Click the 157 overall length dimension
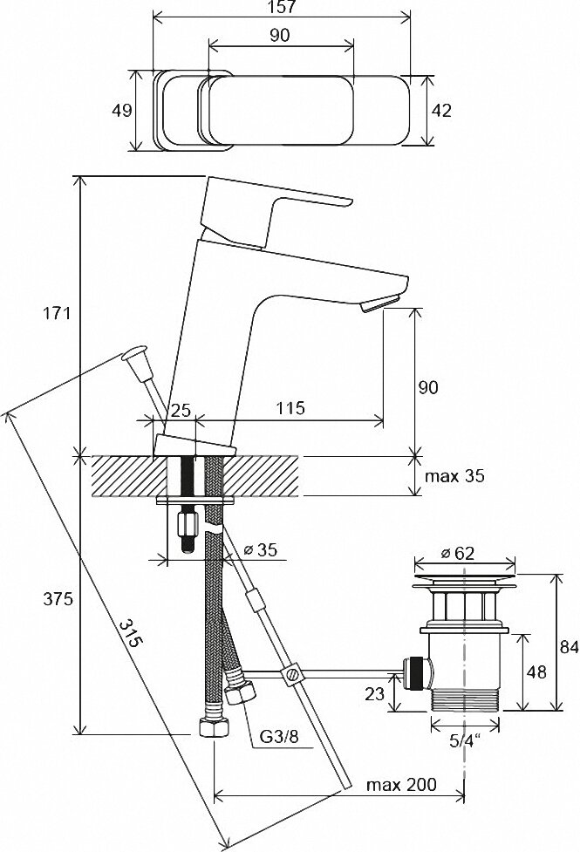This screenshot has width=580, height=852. pyautogui.click(x=282, y=9)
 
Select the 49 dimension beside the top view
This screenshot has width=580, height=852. pyautogui.click(x=122, y=111)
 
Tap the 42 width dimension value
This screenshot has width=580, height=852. pyautogui.click(x=442, y=111)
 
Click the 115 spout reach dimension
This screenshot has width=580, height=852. pyautogui.click(x=290, y=408)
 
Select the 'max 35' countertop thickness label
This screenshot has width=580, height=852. pyautogui.click(x=454, y=477)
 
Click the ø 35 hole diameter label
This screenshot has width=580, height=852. pyautogui.click(x=260, y=550)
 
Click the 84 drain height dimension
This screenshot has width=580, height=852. pyautogui.click(x=569, y=647)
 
